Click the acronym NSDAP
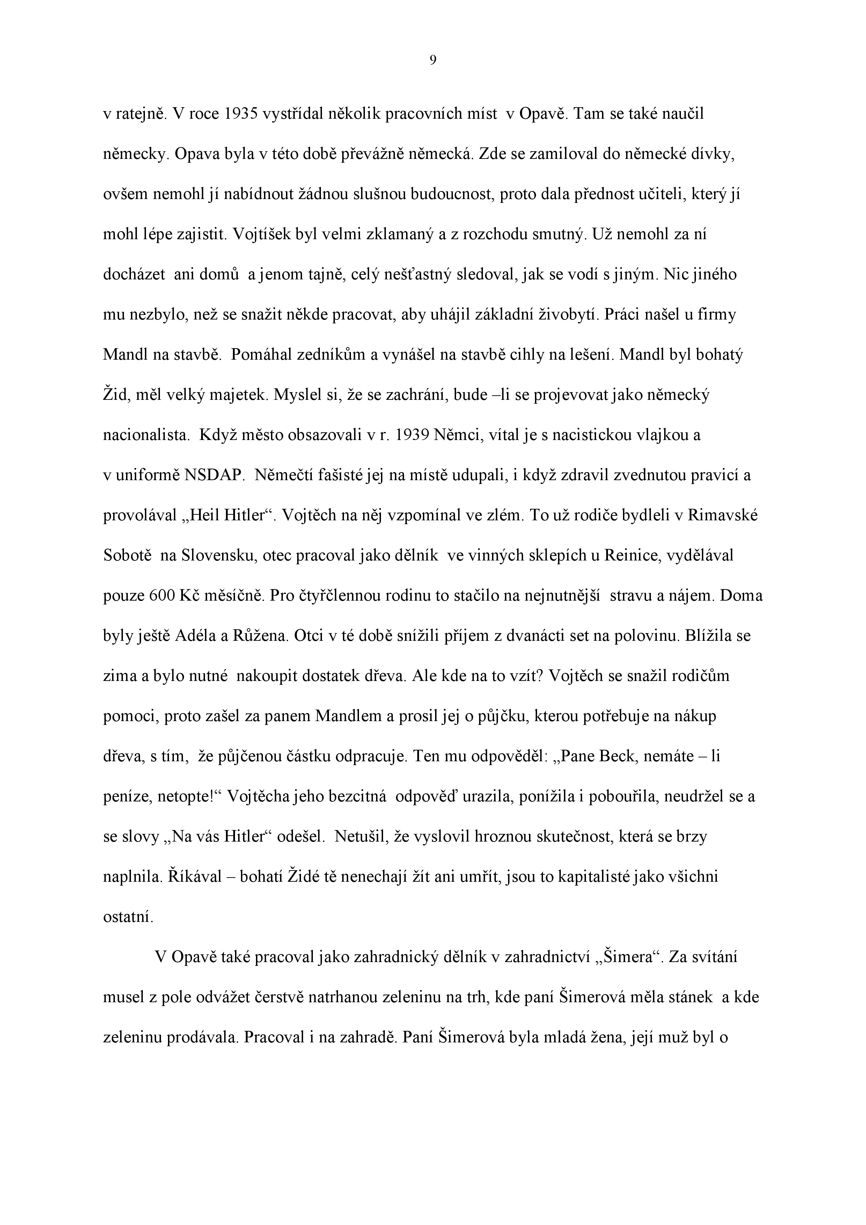(213, 475)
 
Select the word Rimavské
(723, 515)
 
